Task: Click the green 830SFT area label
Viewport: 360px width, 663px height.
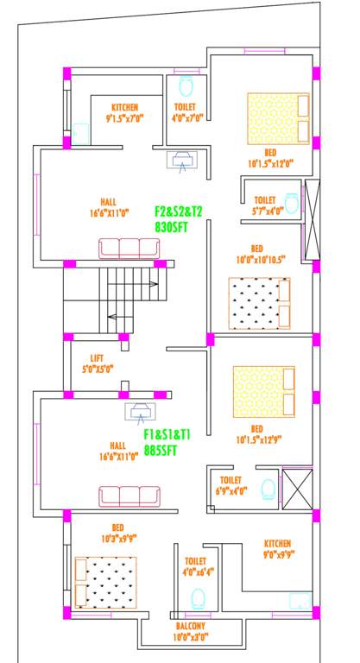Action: (172, 225)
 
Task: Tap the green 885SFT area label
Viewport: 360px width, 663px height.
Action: (161, 450)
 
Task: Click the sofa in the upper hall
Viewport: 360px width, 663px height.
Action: (129, 249)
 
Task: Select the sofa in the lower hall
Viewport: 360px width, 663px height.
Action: (129, 496)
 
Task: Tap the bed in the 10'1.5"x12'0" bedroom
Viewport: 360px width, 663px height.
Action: (278, 118)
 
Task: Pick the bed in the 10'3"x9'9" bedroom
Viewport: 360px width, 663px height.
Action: (105, 583)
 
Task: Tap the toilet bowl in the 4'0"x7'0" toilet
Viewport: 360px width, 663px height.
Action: (185, 87)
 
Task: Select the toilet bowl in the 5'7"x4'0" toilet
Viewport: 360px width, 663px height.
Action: (292, 204)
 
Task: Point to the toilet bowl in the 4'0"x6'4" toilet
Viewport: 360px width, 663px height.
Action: (199, 597)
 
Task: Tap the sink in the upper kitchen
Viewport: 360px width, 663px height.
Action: (80, 133)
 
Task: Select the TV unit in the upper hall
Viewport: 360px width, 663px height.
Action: (184, 158)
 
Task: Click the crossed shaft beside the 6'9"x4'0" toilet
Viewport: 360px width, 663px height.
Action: (297, 487)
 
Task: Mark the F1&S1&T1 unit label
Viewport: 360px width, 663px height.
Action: (167, 434)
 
